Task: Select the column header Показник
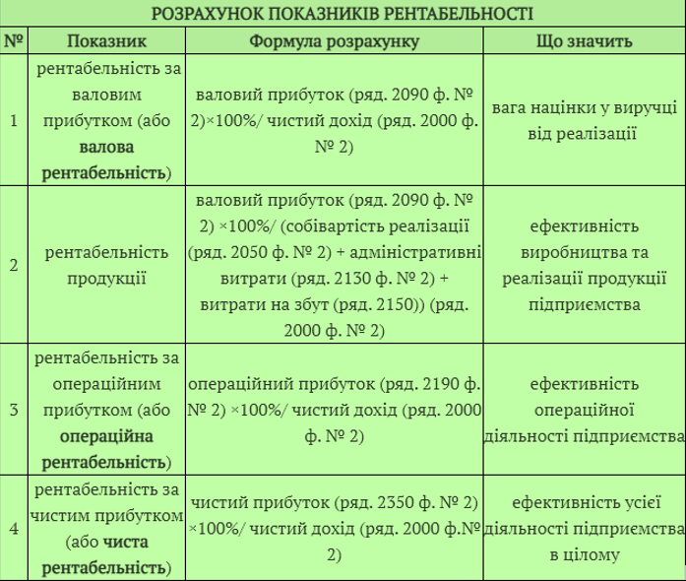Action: pos(107,42)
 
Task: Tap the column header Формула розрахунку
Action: pos(334,42)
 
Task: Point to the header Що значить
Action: pos(584,42)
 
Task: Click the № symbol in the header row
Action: pos(14,42)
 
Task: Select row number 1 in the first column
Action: pos(14,122)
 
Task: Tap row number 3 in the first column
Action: pos(14,409)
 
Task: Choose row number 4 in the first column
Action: pos(14,529)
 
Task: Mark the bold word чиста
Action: pos(125,542)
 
